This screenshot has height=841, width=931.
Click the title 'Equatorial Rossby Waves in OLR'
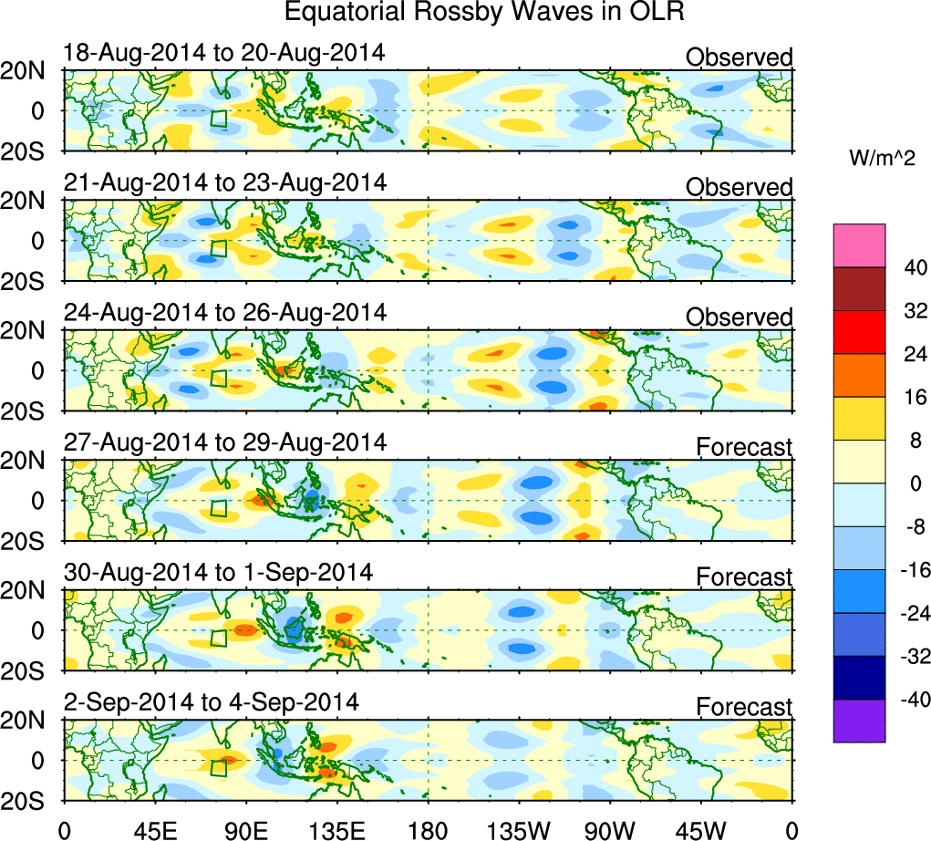pos(484,13)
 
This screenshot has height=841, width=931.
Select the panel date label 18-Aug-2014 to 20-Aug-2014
pos(223,53)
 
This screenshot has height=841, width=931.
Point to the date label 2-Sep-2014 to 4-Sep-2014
pos(211,702)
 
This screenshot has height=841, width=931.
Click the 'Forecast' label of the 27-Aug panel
pos(744,447)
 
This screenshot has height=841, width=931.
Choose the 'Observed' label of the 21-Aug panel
pos(739,187)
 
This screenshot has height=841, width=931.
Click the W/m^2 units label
pos(884,159)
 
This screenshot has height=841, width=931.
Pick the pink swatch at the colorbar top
pos(859,245)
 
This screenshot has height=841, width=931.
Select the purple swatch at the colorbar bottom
pos(859,721)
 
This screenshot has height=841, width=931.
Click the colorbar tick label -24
pos(911,613)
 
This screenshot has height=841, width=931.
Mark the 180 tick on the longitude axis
pos(429,829)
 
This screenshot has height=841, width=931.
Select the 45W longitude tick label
pos(701,829)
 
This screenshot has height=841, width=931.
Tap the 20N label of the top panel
pos(27,72)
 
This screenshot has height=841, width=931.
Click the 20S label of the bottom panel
pos(27,800)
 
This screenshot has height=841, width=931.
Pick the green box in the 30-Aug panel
pos(218,638)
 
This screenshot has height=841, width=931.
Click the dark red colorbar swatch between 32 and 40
pos(859,289)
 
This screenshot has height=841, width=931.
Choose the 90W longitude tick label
pos(610,829)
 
